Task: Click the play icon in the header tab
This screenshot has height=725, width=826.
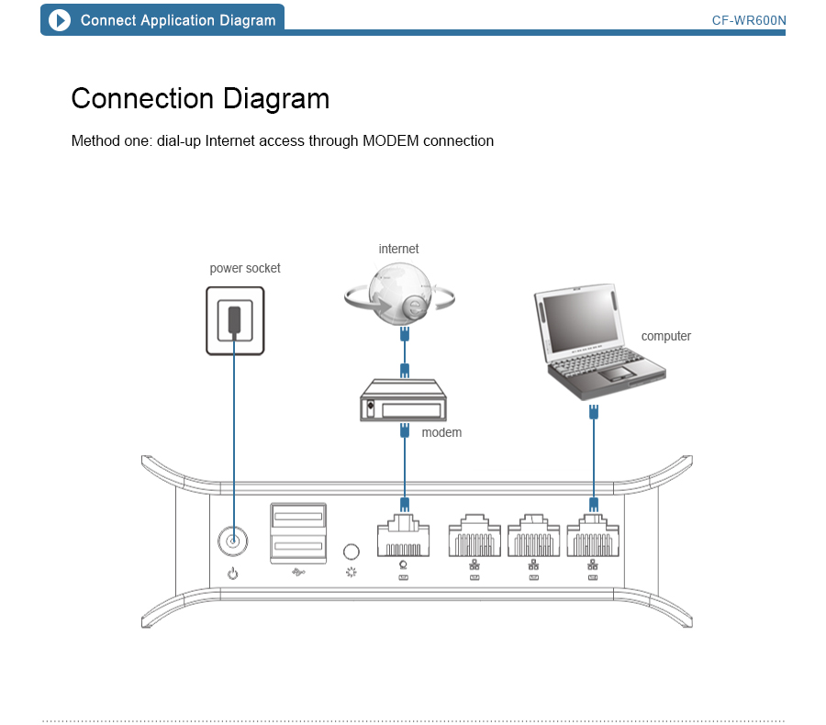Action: coord(60,20)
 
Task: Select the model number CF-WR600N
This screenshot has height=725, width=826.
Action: coord(749,20)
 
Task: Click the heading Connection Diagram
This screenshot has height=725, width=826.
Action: coord(200,99)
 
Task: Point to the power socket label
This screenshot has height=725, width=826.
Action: coord(245,268)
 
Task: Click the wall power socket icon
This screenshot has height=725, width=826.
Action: coord(235,320)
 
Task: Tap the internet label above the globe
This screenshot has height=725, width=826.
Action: coord(398,249)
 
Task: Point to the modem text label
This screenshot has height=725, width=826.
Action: coord(441,432)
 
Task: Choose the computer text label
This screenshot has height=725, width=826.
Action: coord(665,336)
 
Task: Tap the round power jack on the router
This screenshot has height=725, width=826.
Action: coord(233,541)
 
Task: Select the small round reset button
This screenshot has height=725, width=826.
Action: coord(350,552)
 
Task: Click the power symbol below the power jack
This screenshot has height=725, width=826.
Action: coord(233,574)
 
